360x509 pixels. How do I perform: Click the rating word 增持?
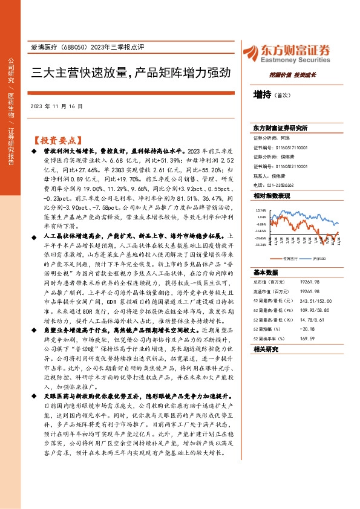(x=262, y=95)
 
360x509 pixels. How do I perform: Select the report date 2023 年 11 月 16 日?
(x=56, y=106)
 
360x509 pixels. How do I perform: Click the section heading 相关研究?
(x=265, y=350)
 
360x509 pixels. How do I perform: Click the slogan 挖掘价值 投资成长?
(x=299, y=74)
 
